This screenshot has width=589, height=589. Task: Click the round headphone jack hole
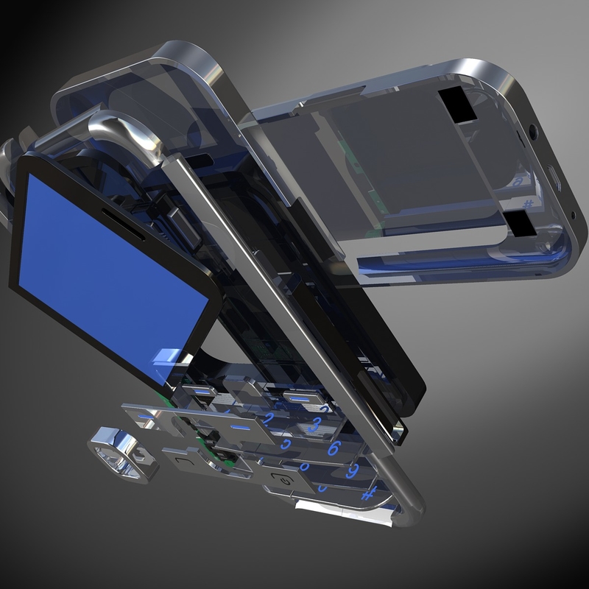532,133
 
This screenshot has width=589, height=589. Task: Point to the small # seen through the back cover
527,203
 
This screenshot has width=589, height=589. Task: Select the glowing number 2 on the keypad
269,417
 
